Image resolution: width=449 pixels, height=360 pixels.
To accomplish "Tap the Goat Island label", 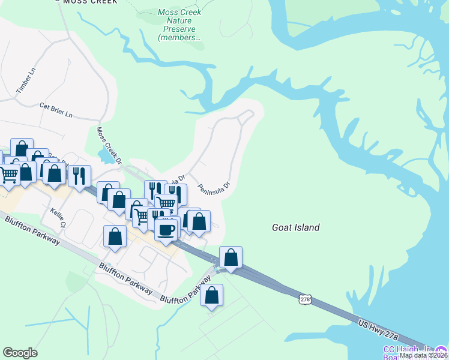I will pos(295,228).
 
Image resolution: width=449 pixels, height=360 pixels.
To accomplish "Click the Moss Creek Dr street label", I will pos(109,144).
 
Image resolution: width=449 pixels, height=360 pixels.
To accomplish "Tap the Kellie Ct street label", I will pos(57,218).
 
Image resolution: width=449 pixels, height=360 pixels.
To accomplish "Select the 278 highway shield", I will pos(305,298).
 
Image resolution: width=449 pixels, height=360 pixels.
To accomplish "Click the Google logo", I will pos(20,353).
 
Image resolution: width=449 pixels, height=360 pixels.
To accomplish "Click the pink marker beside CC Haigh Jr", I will pos(442,350).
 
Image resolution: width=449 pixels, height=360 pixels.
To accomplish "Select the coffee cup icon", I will pos(166,229).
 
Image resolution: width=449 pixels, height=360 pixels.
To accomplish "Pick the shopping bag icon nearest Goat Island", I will pos(231,257).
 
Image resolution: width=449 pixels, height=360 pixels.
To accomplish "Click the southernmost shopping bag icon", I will pos(211,295).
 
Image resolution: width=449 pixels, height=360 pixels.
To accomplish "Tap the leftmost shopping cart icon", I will pos(8,175).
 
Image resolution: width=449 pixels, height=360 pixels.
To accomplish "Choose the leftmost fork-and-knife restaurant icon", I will pos(79,176).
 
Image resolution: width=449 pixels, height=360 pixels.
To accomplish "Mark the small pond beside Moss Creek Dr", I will pos(106,155).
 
